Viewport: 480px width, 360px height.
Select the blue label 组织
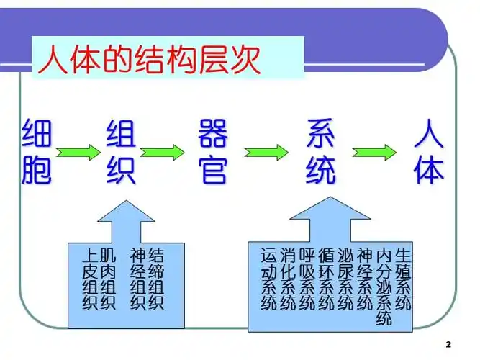click(120, 153)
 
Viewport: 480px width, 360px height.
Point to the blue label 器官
click(212, 153)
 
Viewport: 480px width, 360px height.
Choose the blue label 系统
click(320, 153)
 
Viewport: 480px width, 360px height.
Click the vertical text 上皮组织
click(90, 279)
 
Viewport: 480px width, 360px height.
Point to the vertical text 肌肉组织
click(108, 279)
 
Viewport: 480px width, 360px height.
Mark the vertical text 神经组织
click(137, 279)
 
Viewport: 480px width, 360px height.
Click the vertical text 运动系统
click(268, 279)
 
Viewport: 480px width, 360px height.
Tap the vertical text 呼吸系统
click(307, 279)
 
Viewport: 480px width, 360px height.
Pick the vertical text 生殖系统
click(403, 279)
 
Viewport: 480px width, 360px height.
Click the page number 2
click(448, 345)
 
